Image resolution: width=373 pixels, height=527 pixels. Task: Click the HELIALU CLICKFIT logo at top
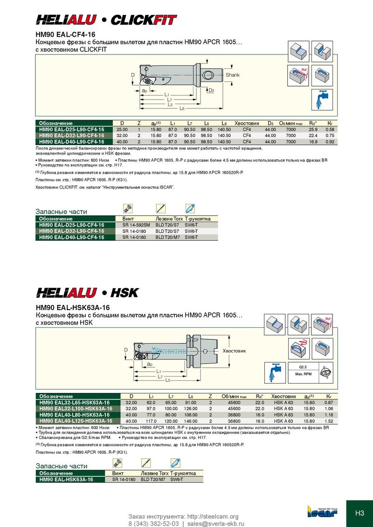(x=107, y=20)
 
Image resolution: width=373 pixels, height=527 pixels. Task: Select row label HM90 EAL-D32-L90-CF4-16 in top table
(x=71, y=135)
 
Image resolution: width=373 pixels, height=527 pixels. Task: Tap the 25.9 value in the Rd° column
(x=313, y=129)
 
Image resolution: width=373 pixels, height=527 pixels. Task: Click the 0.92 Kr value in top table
(x=330, y=142)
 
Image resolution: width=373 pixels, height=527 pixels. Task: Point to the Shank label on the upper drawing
(x=233, y=75)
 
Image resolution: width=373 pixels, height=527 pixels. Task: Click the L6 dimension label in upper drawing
(x=182, y=108)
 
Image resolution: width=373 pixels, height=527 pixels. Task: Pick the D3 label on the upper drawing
(x=211, y=90)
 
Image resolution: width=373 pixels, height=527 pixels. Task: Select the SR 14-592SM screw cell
(x=136, y=225)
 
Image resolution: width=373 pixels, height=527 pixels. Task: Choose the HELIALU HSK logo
(x=88, y=293)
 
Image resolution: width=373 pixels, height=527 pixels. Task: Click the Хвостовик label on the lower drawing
(x=234, y=351)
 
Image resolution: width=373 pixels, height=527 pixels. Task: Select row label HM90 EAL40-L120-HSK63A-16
(x=75, y=421)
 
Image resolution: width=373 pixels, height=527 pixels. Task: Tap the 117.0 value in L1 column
(x=151, y=421)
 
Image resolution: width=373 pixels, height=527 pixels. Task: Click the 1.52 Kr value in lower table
(x=329, y=421)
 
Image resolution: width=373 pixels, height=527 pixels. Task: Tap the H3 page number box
(x=359, y=513)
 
